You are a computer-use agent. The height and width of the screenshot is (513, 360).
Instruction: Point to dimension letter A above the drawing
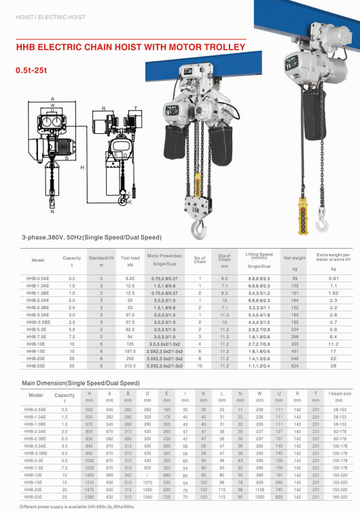[52, 99]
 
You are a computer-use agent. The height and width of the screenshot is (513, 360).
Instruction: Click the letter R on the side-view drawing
[103, 108]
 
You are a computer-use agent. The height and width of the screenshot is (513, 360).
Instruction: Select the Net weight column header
[295, 259]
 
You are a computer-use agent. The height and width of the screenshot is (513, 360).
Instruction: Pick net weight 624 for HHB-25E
[295, 366]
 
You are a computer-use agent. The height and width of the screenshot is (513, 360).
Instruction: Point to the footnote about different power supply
[77, 507]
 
